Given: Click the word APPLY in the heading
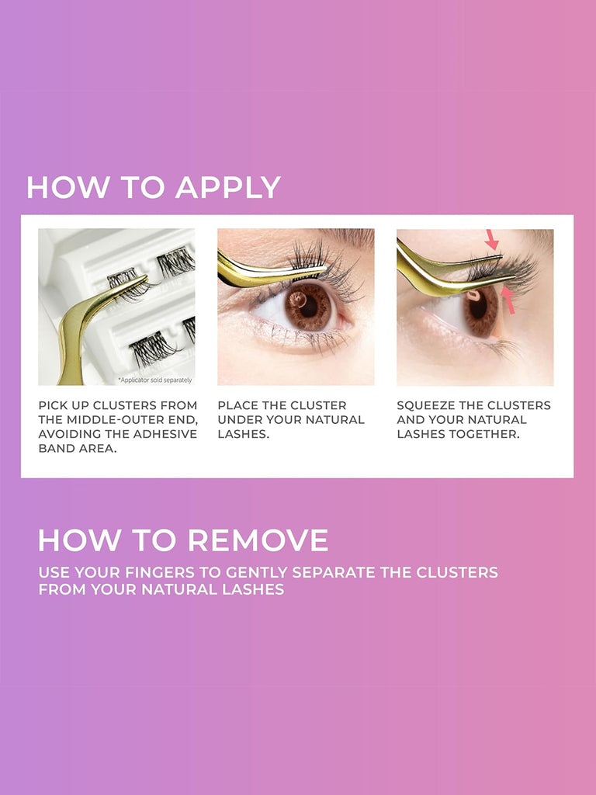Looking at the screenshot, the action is (228, 187).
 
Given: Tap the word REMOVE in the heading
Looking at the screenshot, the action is (258, 540).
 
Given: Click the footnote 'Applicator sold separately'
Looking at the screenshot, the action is (155, 380).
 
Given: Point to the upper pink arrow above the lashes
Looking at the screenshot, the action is (491, 239).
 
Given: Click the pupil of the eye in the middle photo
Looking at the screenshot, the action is (308, 306).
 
